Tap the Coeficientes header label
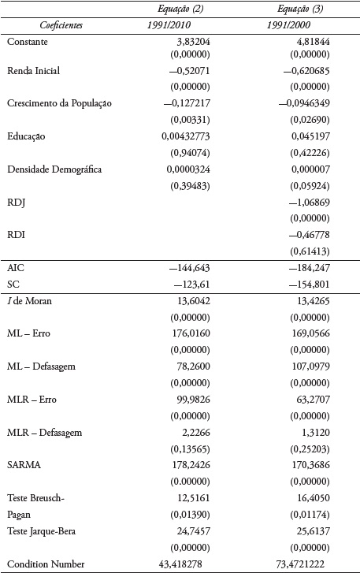pos(50,25)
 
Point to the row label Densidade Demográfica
pos(54,169)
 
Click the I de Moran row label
pos(31,300)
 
